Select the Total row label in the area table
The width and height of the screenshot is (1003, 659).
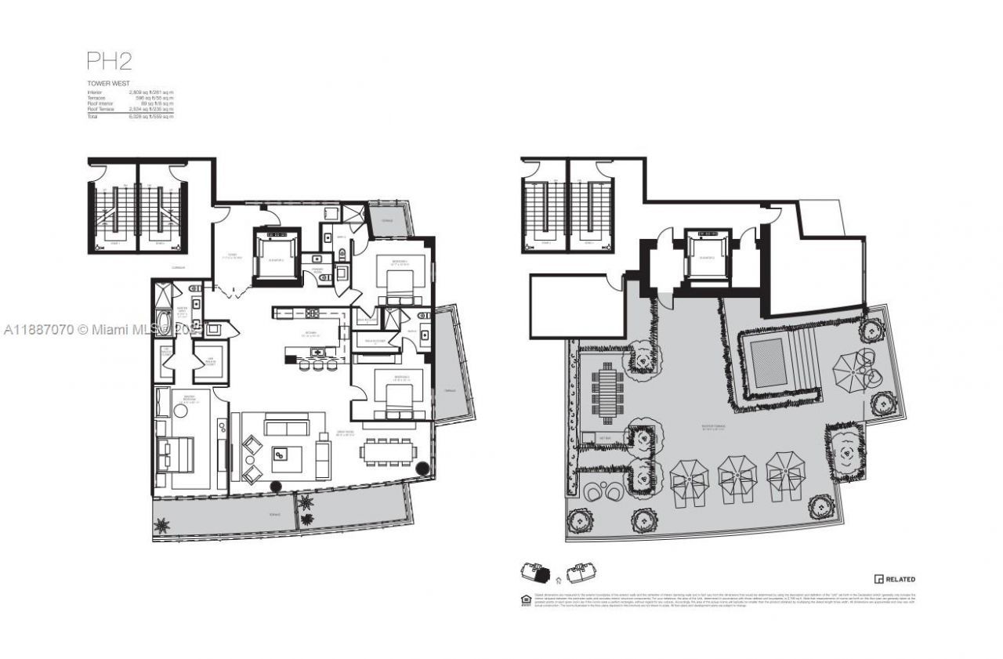pyautogui.click(x=93, y=115)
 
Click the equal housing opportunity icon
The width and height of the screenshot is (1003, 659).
pyautogui.click(x=525, y=600)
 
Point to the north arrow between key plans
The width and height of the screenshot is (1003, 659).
pyautogui.click(x=556, y=581)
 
